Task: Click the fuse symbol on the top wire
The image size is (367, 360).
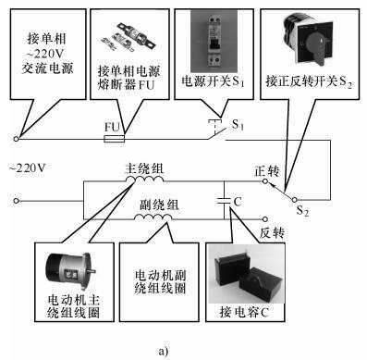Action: point(115,139)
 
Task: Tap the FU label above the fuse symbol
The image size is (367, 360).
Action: point(113,127)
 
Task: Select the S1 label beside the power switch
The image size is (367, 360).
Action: point(238,125)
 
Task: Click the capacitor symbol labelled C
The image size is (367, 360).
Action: point(224,201)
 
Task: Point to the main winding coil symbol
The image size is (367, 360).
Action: point(144,179)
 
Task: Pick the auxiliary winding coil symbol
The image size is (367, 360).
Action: point(153,217)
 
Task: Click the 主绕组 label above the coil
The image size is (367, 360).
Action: point(144,168)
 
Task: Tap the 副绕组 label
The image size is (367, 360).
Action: point(159,205)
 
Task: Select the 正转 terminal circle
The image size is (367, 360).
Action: point(265,181)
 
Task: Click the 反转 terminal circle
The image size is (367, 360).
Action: point(265,219)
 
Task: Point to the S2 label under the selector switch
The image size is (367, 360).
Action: point(302,211)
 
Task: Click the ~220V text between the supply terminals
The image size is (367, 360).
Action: point(28,168)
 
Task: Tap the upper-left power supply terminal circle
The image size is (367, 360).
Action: point(17,139)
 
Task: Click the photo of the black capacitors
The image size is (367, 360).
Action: point(246,274)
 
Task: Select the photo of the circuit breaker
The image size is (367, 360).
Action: point(214,41)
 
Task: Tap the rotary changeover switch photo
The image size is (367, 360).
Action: point(309,39)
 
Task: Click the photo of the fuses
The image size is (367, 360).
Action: point(128,38)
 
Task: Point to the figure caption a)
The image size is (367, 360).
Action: point(164,352)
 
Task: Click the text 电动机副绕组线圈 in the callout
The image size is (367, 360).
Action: point(160,281)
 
